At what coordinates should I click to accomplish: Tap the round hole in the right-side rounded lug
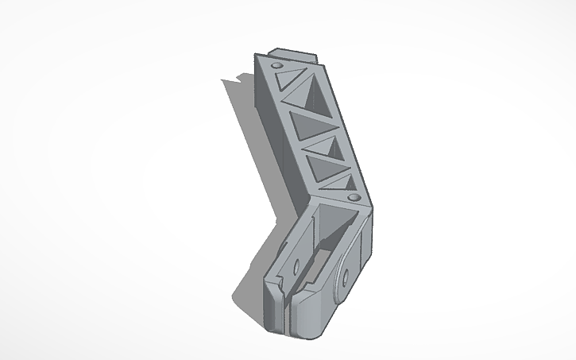[x=346, y=278]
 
